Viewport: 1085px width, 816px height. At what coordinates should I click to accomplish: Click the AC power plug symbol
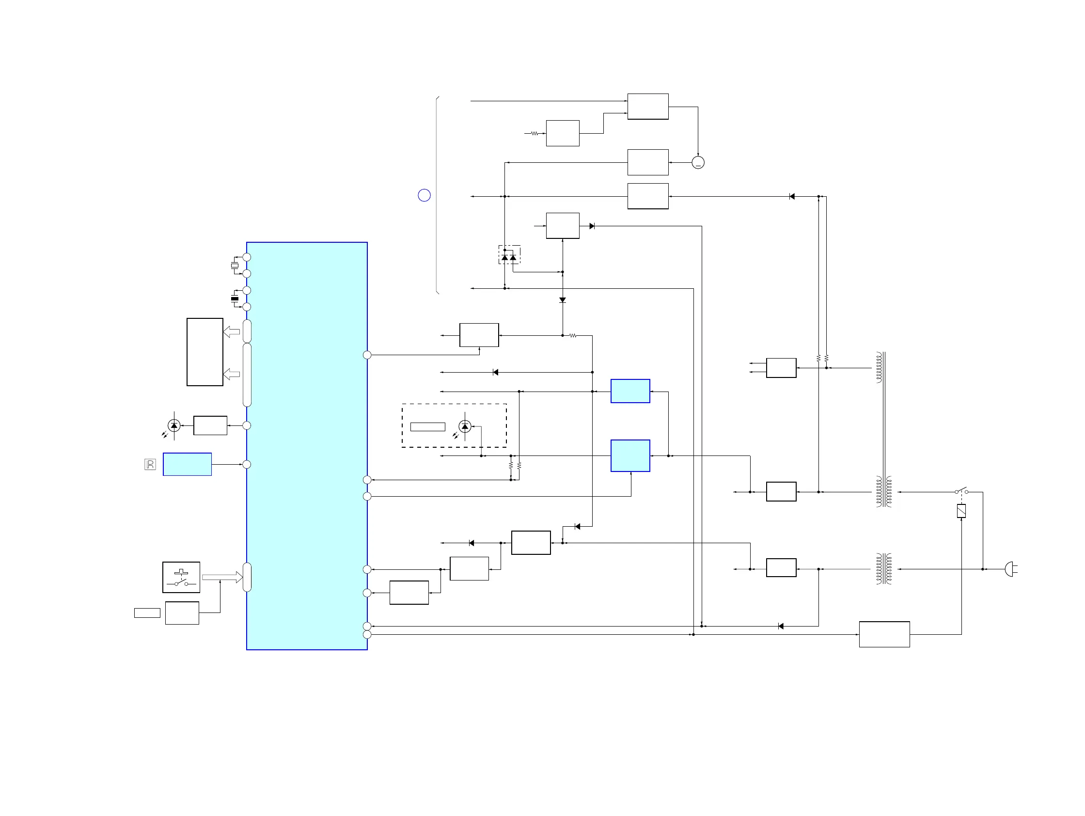pos(1010,569)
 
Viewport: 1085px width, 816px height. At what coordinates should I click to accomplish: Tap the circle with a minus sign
pos(697,162)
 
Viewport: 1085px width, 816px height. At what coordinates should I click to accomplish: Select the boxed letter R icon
pos(150,464)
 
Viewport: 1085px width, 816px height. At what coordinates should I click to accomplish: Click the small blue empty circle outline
pos(424,195)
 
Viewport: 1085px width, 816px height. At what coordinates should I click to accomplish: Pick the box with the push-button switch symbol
pos(181,577)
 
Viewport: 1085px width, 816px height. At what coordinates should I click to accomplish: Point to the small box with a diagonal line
pos(961,511)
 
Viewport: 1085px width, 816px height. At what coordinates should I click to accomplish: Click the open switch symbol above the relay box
pos(961,491)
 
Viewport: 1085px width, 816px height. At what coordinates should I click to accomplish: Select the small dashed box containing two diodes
pos(509,255)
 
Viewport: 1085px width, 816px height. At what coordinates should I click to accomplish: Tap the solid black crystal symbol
pos(235,298)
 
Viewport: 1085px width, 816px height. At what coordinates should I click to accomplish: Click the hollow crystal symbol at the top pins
pos(235,266)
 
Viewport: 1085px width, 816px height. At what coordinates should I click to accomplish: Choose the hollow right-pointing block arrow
pos(222,577)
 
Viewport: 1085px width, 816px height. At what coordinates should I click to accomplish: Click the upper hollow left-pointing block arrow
pos(232,332)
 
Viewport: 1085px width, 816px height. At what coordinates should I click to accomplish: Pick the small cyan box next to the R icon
pos(187,464)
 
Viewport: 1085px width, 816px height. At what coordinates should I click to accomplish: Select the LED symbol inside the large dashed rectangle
pos(465,426)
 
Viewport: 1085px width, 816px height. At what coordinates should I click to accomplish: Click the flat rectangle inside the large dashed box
pos(427,426)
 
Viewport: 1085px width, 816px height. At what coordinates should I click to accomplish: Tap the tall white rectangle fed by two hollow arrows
pos(204,352)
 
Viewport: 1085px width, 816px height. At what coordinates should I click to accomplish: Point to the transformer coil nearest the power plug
pos(884,569)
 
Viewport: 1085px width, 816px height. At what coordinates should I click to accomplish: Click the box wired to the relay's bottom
pos(884,634)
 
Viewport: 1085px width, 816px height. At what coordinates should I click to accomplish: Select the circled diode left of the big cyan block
pos(173,425)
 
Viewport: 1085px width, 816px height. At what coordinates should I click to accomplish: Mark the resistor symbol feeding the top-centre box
pos(535,133)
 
